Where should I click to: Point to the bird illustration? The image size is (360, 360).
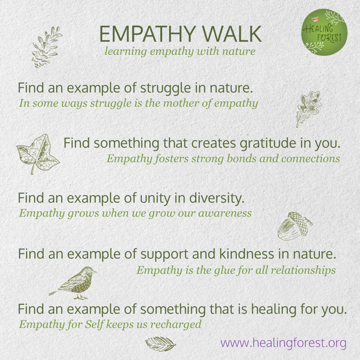75,283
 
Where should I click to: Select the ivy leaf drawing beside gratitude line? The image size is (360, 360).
37,152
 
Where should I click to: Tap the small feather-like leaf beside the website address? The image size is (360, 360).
160,343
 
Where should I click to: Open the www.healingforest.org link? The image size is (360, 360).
283,343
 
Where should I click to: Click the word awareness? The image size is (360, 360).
223,213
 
